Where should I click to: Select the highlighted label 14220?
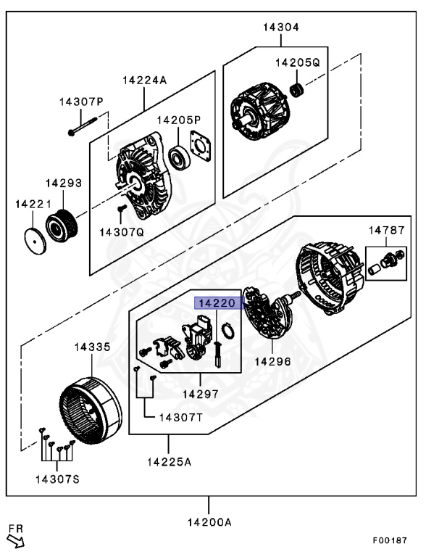click(x=214, y=304)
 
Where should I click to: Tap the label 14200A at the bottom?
click(x=209, y=522)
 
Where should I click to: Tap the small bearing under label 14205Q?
click(x=296, y=90)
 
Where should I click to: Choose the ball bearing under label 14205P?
click(x=178, y=156)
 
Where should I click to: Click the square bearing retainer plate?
click(x=199, y=145)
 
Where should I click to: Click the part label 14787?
click(x=385, y=230)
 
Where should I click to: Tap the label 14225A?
click(x=170, y=462)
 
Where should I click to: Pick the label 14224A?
click(x=144, y=80)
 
